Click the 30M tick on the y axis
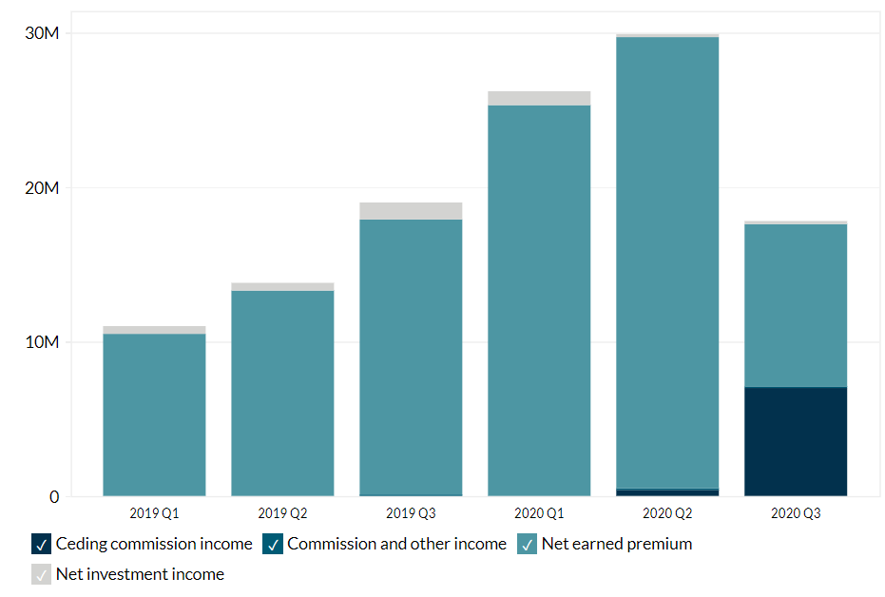[x=41, y=33]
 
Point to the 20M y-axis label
[x=41, y=188]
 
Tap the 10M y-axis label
[x=41, y=342]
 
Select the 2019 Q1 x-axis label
[x=154, y=513]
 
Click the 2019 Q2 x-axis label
[x=282, y=513]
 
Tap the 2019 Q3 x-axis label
[x=411, y=513]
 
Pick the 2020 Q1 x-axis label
[x=539, y=513]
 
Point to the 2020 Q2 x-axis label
[x=667, y=513]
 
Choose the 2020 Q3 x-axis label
[x=796, y=513]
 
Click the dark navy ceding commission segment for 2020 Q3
[x=796, y=442]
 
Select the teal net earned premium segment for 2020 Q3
[x=796, y=305]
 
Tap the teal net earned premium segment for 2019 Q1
[x=154, y=414]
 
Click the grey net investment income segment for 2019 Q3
[x=411, y=211]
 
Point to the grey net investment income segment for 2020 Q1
[x=539, y=98]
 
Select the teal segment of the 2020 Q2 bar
[x=667, y=262]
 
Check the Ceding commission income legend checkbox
[x=41, y=545]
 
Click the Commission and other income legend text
[x=396, y=545]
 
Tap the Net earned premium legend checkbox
[x=527, y=545]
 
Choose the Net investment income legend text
[x=140, y=574]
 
